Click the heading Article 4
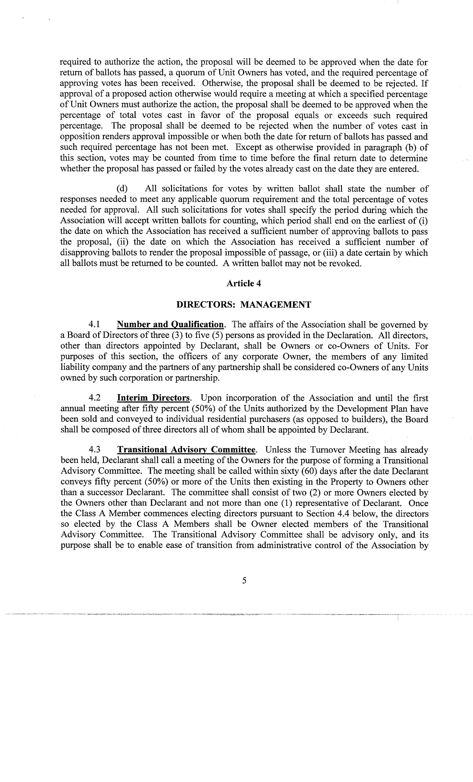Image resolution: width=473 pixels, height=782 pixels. tap(244, 283)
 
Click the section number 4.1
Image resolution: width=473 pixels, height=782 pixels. tap(94, 325)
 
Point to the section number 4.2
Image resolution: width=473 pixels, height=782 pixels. tap(94, 398)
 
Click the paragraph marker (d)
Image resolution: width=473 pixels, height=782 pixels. tap(122, 189)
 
